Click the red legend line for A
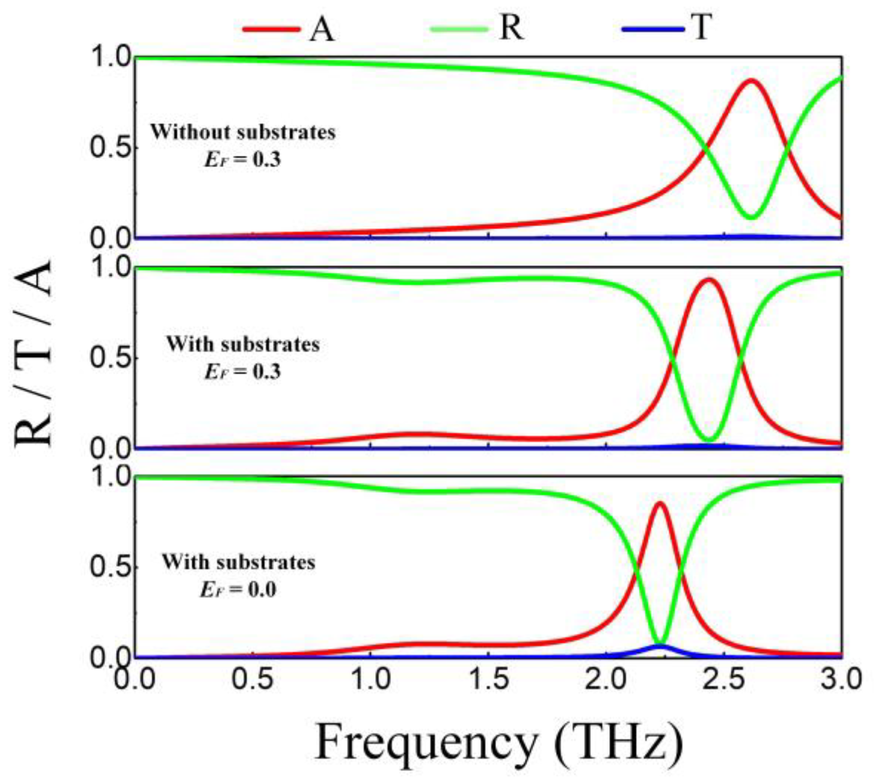coord(272,29)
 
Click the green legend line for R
coord(459,29)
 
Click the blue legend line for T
coord(653,29)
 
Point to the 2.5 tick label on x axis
coord(724,679)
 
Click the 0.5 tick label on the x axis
coord(253,679)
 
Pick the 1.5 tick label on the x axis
coord(488,679)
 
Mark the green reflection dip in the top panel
coord(751,216)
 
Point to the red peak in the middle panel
coord(709,280)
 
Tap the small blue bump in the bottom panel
coord(659,646)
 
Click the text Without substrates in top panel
coord(243,132)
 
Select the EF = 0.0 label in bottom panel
coord(238,590)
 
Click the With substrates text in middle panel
coord(243,344)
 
